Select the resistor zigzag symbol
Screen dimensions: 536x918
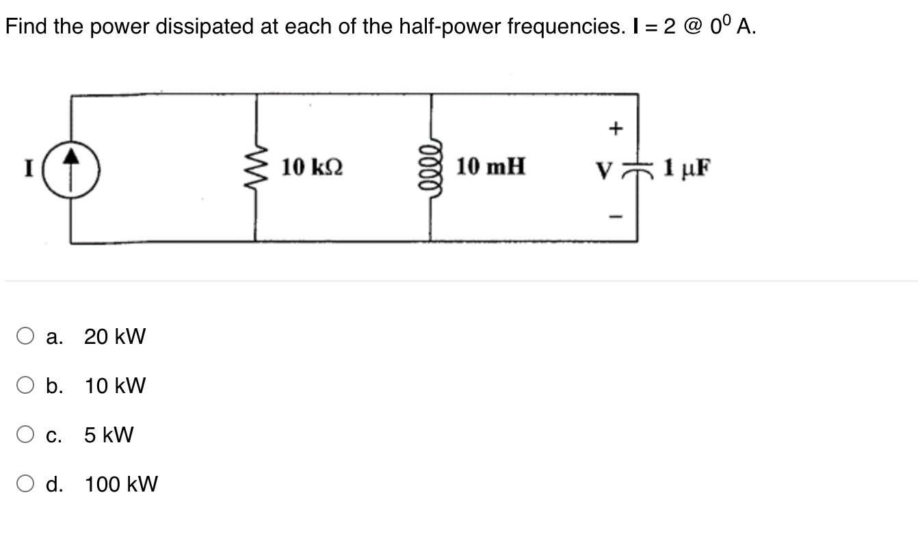point(256,167)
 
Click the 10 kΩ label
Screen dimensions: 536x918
point(312,166)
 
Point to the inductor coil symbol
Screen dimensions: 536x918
point(431,168)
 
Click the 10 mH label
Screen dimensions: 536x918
point(490,166)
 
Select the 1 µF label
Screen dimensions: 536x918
point(684,167)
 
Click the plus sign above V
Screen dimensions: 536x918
point(616,127)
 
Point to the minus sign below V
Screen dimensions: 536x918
point(616,218)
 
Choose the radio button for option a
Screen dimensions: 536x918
point(26,336)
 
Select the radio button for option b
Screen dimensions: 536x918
point(26,386)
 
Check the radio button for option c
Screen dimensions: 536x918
point(26,435)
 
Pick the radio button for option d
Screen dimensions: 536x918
point(26,484)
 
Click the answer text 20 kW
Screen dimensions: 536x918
point(115,336)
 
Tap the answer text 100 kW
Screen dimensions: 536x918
point(121,484)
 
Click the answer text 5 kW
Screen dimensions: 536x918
point(109,435)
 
